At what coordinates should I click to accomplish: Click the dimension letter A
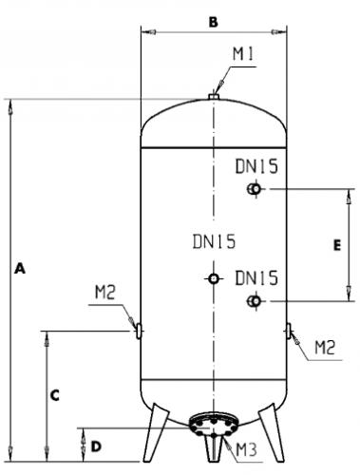coord(20,268)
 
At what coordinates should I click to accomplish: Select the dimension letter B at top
coord(214,22)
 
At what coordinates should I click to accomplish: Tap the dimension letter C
coord(55,395)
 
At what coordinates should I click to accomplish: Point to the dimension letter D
coord(96,446)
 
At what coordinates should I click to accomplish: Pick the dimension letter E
coord(337,245)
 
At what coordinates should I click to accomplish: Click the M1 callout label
coord(243,54)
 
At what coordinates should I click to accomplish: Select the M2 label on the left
coord(105,293)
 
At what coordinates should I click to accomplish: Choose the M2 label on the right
coord(325,348)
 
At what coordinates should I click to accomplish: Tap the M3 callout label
coord(247,449)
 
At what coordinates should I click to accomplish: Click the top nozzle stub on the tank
coord(214,96)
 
